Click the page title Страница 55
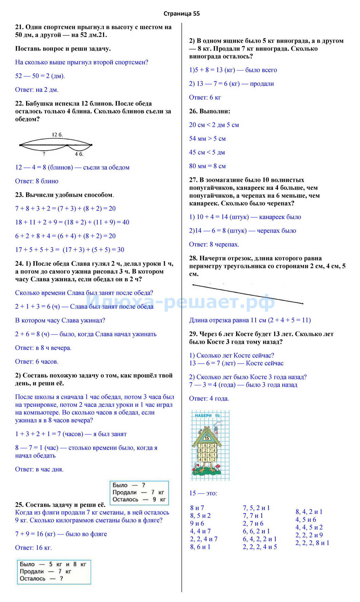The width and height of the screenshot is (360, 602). click(x=181, y=14)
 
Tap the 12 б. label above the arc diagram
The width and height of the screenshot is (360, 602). click(x=57, y=135)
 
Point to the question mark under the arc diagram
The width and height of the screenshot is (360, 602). click(x=44, y=154)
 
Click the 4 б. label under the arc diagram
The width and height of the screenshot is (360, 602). click(x=79, y=154)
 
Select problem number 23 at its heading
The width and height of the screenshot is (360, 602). click(x=19, y=195)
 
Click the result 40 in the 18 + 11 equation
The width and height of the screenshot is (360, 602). click(x=126, y=222)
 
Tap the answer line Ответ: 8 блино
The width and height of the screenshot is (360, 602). click(x=37, y=181)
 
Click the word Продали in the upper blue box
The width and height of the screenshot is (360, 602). click(x=124, y=492)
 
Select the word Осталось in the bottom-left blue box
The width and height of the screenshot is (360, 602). click(x=33, y=579)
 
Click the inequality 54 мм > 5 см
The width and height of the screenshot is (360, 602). click(x=207, y=139)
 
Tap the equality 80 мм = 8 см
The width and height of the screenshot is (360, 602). click(x=207, y=166)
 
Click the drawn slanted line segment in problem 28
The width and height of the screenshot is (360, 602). click(x=247, y=294)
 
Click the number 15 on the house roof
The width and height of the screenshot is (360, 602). click(x=207, y=438)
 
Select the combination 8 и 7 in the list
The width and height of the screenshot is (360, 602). click(x=197, y=508)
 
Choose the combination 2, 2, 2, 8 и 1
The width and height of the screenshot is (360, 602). click(x=312, y=543)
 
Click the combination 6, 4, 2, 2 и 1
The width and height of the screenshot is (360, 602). click(x=260, y=539)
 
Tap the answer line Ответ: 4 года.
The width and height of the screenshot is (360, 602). click(x=209, y=399)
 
